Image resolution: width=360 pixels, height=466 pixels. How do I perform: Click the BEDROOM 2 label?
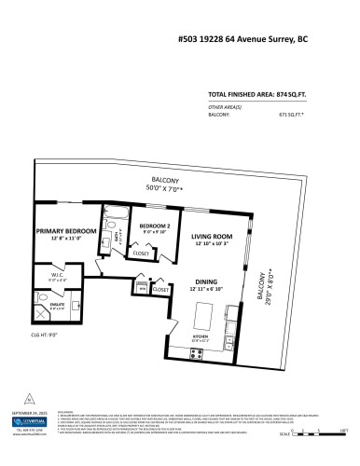pos(155,226)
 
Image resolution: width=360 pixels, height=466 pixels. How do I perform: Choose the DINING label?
pos(207,281)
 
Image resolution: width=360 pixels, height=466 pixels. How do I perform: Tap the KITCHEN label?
pos(201,338)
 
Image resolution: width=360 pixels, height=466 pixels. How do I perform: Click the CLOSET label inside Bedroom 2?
pos(142,253)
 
